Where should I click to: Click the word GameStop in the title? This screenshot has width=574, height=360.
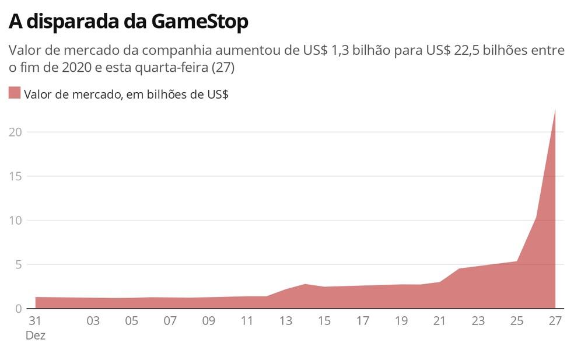(x=199, y=22)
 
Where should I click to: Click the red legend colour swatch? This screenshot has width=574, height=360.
(x=15, y=93)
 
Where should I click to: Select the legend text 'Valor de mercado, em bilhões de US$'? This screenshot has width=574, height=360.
(x=126, y=94)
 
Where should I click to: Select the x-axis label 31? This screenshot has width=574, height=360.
(x=35, y=320)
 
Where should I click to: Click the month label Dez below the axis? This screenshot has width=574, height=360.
(x=35, y=335)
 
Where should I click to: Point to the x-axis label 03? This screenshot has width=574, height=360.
(x=93, y=320)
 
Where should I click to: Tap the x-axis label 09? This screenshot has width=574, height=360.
(x=208, y=320)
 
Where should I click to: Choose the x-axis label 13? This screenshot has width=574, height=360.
(x=285, y=320)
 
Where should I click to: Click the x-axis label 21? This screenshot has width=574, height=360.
(x=439, y=320)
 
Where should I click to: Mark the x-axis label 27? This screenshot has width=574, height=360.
(x=555, y=320)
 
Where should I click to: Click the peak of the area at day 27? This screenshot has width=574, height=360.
(x=555, y=110)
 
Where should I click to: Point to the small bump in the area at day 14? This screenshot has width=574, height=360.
(x=304, y=285)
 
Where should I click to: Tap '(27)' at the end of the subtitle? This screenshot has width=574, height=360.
(x=223, y=68)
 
